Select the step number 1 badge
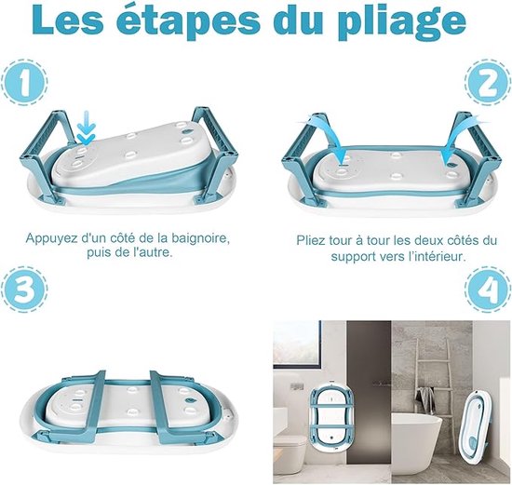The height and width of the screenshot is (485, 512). [24, 82]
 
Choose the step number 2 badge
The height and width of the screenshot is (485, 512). [487, 82]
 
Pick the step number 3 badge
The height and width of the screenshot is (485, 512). [24, 289]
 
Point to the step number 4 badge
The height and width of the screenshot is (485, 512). [488, 289]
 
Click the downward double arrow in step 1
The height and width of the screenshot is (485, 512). [86, 128]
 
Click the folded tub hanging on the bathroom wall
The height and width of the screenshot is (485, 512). [330, 416]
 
